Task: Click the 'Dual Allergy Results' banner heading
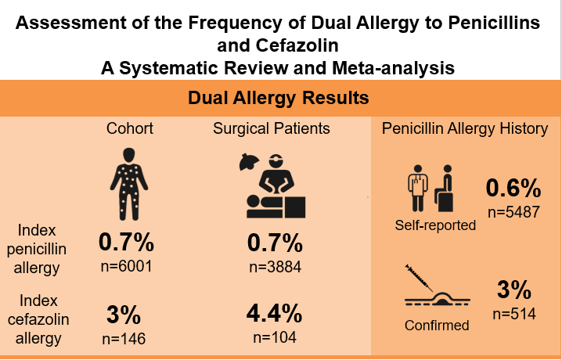tap(279, 99)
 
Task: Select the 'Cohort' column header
tap(130, 128)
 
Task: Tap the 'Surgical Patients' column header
tap(271, 128)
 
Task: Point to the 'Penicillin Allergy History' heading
tap(465, 128)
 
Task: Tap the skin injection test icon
tap(436, 289)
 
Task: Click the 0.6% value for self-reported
tap(513, 189)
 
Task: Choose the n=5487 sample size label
tap(513, 212)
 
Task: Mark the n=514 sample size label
tap(513, 315)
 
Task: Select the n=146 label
tap(124, 340)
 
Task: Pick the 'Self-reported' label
tap(435, 225)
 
